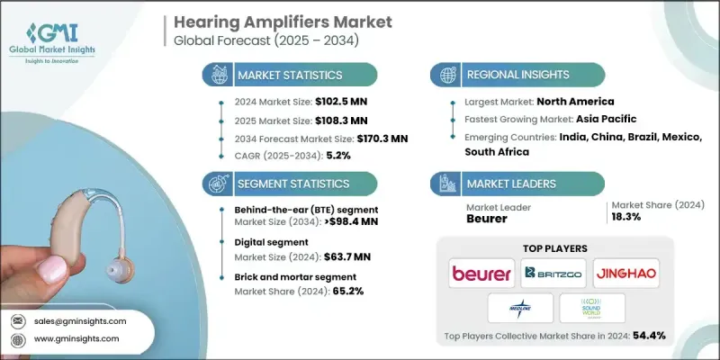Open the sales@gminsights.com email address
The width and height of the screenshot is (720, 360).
click(x=82, y=321)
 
